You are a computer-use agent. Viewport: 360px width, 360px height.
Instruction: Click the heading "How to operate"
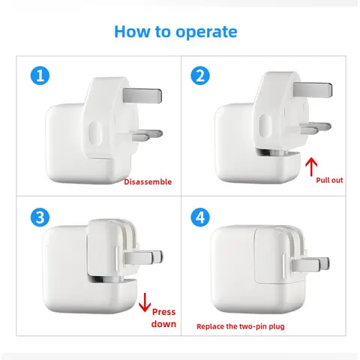point(175,31)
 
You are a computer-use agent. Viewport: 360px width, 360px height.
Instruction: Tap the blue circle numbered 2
point(200,75)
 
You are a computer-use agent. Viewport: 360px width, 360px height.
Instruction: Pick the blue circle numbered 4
point(200,217)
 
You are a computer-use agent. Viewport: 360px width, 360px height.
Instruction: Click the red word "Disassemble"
point(148,181)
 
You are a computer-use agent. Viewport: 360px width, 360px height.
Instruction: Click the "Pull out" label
point(331,181)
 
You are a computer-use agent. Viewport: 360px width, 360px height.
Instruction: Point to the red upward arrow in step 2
point(313,165)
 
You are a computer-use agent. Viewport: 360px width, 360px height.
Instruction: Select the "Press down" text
point(164,317)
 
